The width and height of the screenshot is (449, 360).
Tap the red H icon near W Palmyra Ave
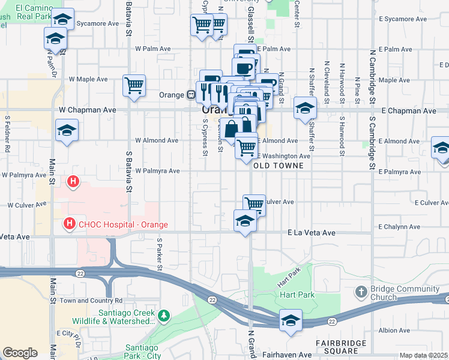tap(73, 181)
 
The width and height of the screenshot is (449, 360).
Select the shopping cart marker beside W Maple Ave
tap(134, 85)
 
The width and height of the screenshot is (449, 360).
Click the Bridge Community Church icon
tap(360, 293)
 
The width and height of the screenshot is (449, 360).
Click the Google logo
tap(20, 353)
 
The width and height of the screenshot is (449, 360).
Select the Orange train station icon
tap(190, 95)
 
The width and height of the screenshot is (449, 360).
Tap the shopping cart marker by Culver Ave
tap(254, 204)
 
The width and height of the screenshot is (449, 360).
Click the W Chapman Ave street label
tap(87, 110)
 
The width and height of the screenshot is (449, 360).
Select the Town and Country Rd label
tap(91, 300)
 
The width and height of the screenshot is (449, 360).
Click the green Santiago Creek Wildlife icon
tap(163, 315)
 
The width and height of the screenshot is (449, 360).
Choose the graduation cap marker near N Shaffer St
tap(305, 109)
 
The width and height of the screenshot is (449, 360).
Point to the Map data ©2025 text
tap(424, 355)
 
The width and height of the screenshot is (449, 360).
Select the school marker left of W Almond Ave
tap(67, 131)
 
